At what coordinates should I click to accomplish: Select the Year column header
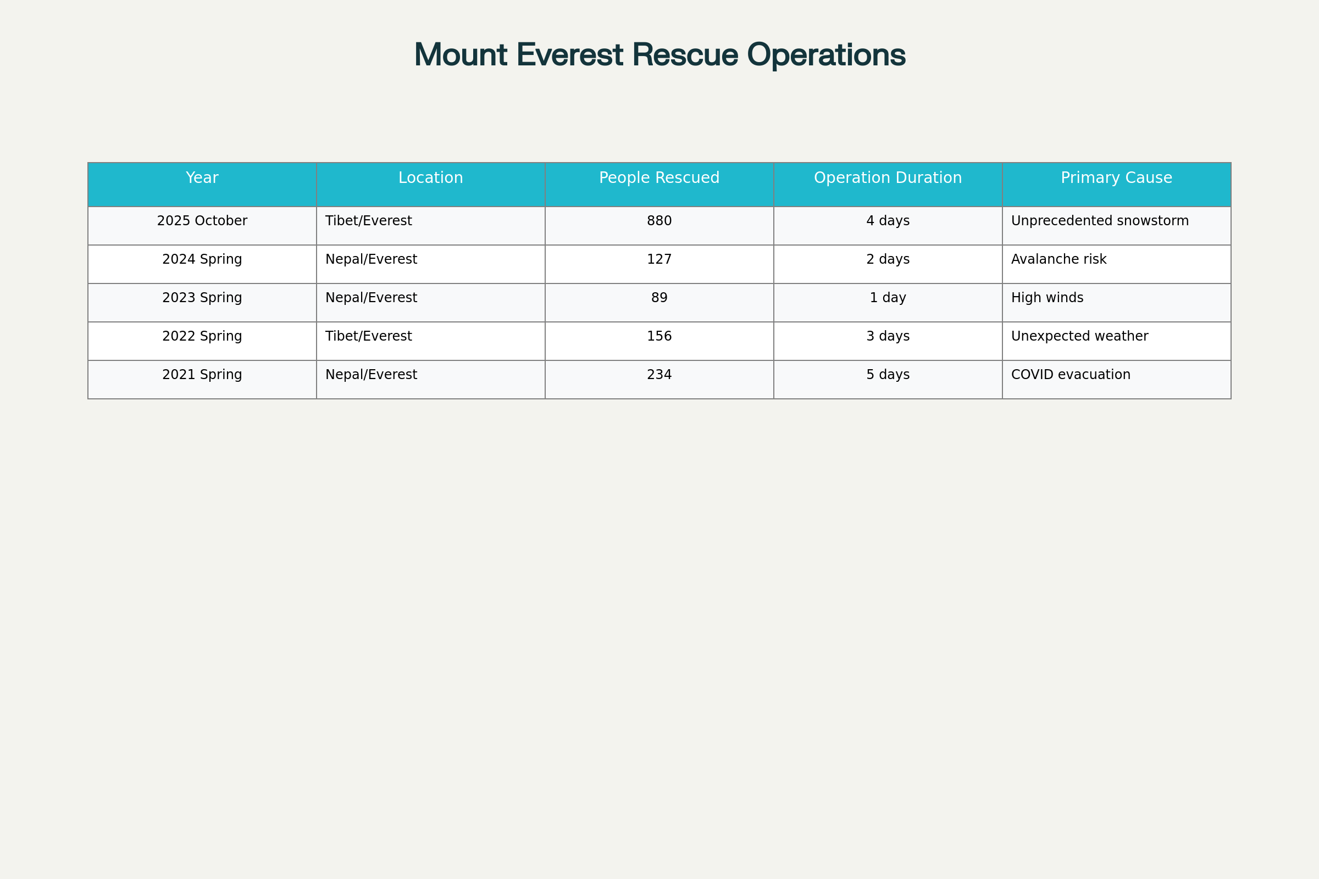202,178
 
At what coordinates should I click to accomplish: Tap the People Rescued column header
659,178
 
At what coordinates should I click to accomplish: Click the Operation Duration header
888,178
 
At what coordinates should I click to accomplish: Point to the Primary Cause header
1116,178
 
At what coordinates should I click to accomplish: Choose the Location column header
431,178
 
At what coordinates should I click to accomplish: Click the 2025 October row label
202,221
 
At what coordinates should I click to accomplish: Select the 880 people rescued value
659,221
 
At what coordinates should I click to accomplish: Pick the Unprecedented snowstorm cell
1100,221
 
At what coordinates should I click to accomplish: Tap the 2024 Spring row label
202,259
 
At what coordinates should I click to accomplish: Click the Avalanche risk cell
1059,259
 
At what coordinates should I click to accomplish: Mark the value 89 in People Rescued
659,298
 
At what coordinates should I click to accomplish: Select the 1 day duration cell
888,298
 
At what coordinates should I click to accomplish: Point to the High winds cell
1047,298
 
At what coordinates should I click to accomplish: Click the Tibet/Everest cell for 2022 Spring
368,336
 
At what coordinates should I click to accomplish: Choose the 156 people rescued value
659,336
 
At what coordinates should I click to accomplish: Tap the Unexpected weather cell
1079,336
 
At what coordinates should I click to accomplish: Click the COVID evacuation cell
1071,375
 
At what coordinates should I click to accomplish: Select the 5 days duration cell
888,375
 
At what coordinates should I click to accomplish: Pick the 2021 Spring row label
202,375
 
